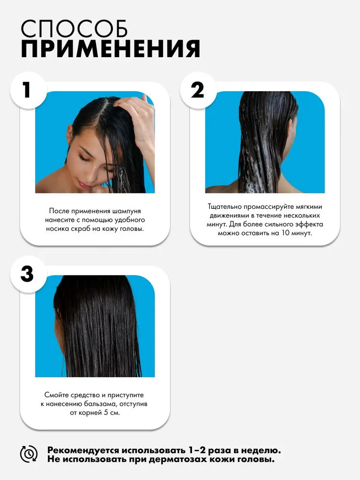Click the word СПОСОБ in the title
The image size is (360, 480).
(74, 29)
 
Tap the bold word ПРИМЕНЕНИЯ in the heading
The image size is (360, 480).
(110, 48)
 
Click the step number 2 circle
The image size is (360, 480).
(198, 90)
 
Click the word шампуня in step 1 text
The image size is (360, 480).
(127, 211)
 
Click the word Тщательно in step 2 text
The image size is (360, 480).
(224, 206)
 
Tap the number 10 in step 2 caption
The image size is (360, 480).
(285, 233)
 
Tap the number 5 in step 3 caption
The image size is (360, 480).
(106, 413)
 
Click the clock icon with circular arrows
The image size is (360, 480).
(29, 454)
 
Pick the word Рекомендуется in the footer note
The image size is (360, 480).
(83, 451)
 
